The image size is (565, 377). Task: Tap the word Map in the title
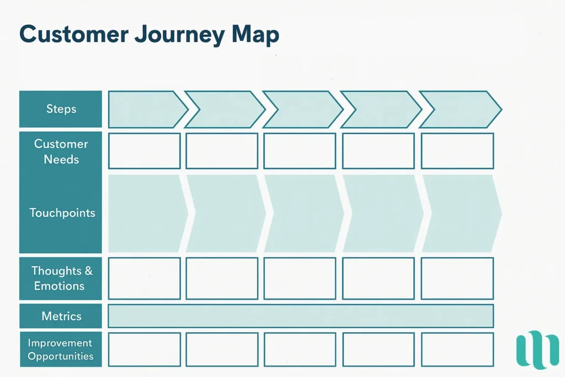(255, 35)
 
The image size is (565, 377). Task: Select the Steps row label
(61, 109)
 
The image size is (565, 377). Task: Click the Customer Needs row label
(61, 151)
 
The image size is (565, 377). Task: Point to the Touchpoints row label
(62, 213)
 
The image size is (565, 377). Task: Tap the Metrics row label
(61, 316)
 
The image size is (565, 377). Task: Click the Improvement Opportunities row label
(61, 349)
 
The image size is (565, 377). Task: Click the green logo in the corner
(537, 349)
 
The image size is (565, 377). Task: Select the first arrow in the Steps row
(145, 109)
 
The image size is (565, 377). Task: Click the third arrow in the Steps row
(301, 109)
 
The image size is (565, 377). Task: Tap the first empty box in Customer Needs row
(144, 151)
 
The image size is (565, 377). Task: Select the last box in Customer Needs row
(457, 151)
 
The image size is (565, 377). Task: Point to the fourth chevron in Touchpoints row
(382, 214)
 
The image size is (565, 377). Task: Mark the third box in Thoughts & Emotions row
(300, 278)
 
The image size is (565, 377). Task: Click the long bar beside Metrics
(300, 316)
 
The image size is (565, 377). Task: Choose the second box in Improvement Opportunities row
(222, 349)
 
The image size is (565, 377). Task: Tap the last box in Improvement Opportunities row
(457, 349)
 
